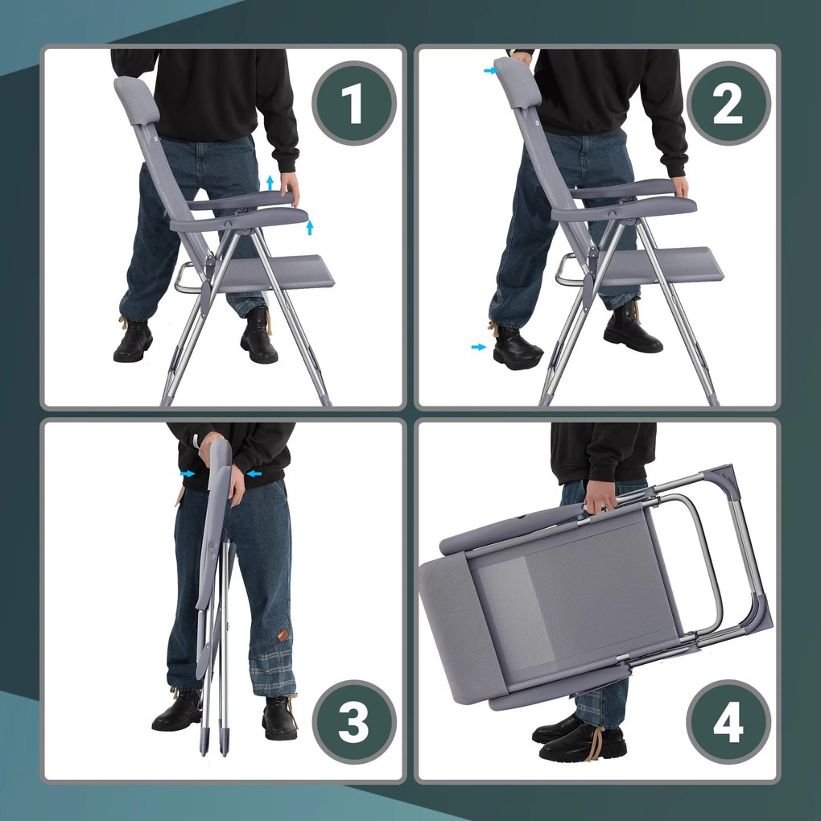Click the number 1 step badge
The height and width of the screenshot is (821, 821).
[x=354, y=103]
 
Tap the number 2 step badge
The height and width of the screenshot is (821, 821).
[x=728, y=103]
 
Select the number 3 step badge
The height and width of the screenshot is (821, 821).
[x=354, y=722]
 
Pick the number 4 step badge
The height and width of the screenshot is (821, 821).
[x=728, y=722]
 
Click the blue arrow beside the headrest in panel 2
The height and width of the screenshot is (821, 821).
[x=491, y=71]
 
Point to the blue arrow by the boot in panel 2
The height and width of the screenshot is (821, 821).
[x=479, y=347]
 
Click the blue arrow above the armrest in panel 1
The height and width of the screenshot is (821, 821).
[x=270, y=183]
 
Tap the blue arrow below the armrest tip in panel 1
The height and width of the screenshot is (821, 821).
[x=309, y=228]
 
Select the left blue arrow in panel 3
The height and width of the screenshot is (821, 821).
[x=187, y=474]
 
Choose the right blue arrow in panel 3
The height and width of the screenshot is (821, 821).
[x=254, y=474]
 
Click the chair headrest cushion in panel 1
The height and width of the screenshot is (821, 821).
[x=136, y=100]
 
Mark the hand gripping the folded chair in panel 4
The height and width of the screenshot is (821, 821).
[x=600, y=497]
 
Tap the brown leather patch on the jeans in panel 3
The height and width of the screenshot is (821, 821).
[x=283, y=635]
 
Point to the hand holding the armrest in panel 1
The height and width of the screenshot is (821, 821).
[x=290, y=187]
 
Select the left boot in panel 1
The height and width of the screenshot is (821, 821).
[x=133, y=340]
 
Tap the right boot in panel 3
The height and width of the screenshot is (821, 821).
[x=279, y=718]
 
